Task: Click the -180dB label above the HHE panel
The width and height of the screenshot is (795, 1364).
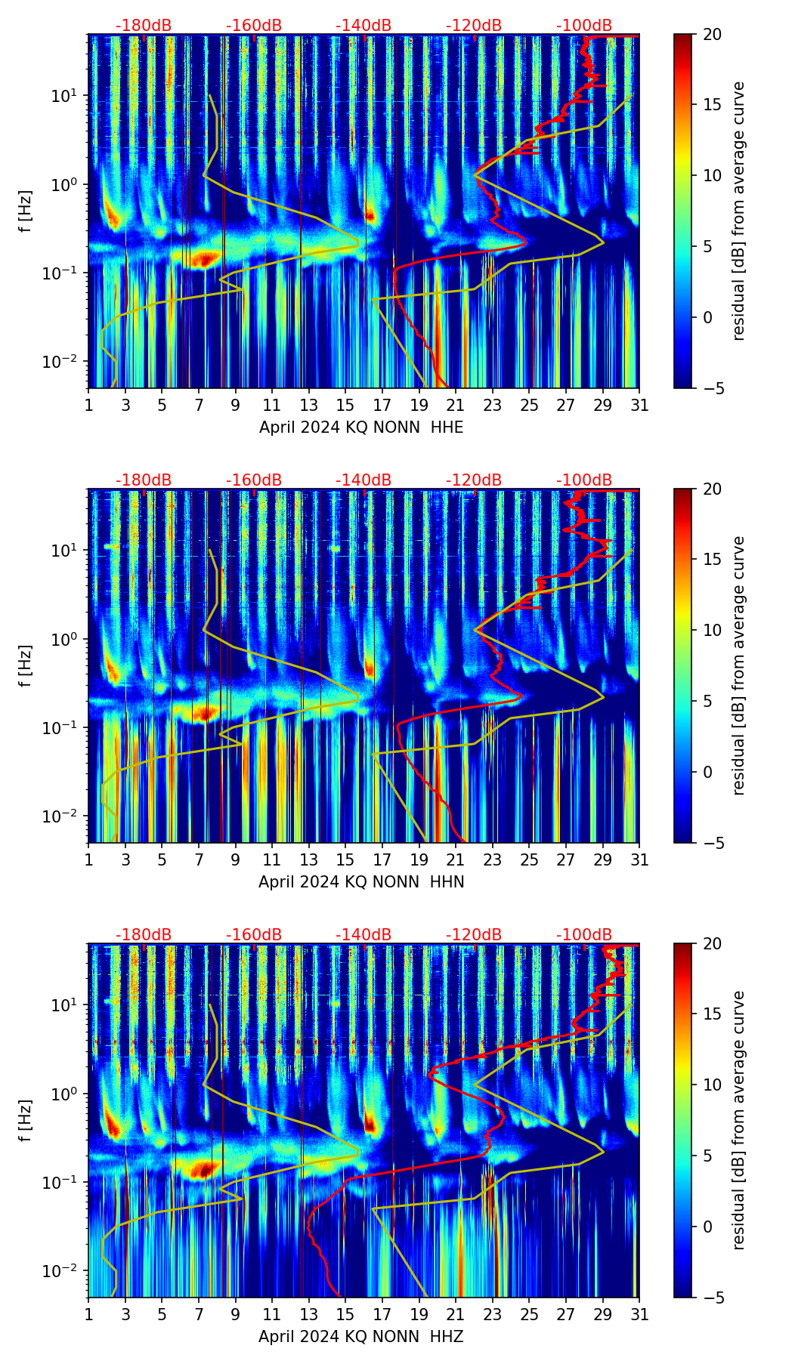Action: [144, 26]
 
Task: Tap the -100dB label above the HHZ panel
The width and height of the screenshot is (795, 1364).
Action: [584, 935]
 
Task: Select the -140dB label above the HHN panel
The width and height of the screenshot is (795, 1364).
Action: [363, 480]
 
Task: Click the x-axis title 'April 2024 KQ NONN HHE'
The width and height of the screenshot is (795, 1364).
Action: [361, 427]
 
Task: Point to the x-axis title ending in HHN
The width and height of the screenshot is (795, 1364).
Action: [361, 882]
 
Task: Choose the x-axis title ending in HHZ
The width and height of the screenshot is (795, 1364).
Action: [361, 1337]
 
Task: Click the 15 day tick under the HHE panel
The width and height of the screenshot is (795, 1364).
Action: [345, 406]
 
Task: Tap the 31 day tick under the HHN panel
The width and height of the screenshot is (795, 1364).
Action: [639, 860]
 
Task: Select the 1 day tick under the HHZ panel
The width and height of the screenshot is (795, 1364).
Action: [89, 1315]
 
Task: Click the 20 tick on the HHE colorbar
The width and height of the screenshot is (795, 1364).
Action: [713, 35]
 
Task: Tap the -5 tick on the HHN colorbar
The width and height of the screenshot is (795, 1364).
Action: [715, 843]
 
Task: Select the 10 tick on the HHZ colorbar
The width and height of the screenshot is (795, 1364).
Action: [713, 1085]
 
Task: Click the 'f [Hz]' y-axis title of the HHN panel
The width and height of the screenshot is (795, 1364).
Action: [26, 665]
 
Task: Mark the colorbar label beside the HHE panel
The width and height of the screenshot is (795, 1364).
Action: [738, 211]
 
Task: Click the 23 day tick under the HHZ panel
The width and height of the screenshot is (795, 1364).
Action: [492, 1315]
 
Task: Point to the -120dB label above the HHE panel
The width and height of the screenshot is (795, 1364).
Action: [474, 26]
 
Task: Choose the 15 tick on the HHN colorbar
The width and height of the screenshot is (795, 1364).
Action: [713, 560]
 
